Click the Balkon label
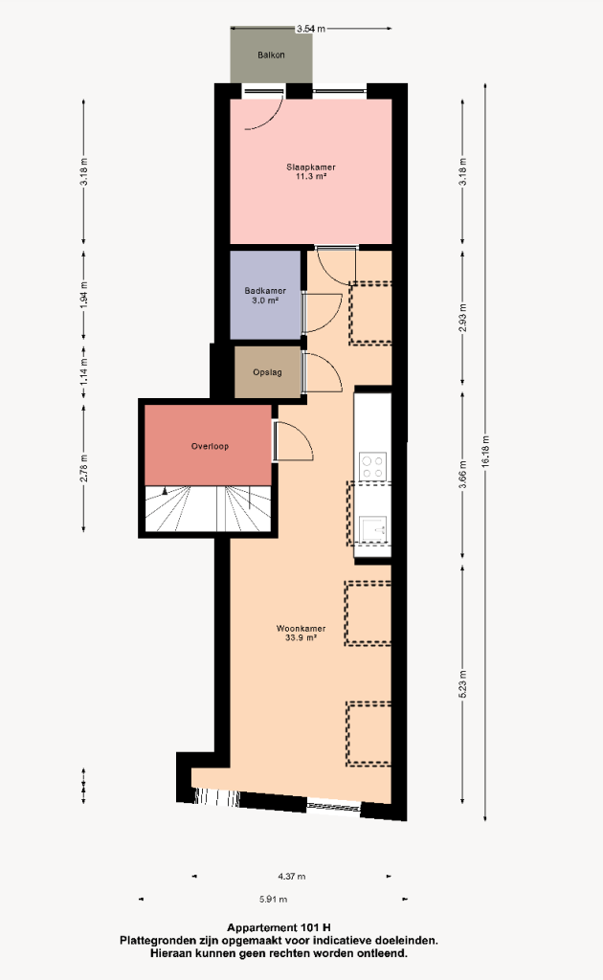click(x=271, y=55)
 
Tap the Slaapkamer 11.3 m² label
click(x=311, y=172)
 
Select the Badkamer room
click(x=265, y=295)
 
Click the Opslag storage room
click(x=267, y=372)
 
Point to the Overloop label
click(x=210, y=446)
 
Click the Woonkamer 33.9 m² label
click(x=301, y=634)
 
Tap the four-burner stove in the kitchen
click(x=372, y=466)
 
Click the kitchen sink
click(x=372, y=529)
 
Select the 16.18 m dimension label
click(x=486, y=452)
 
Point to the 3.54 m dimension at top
click(x=310, y=29)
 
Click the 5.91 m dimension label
click(x=273, y=900)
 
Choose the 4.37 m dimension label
click(x=292, y=877)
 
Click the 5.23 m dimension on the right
click(x=463, y=683)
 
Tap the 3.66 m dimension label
click(x=463, y=474)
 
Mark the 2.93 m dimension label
click(x=463, y=318)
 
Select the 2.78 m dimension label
click(x=83, y=467)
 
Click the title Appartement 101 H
click(x=279, y=927)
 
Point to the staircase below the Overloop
click(x=208, y=508)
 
